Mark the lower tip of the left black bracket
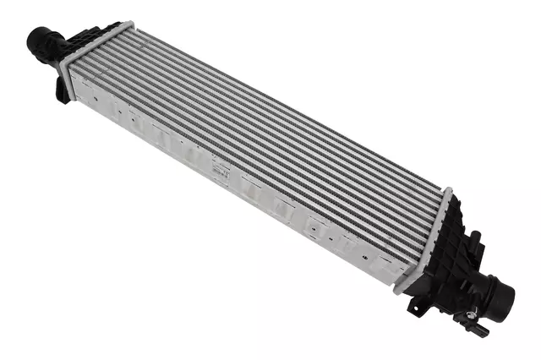(x=65, y=101)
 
